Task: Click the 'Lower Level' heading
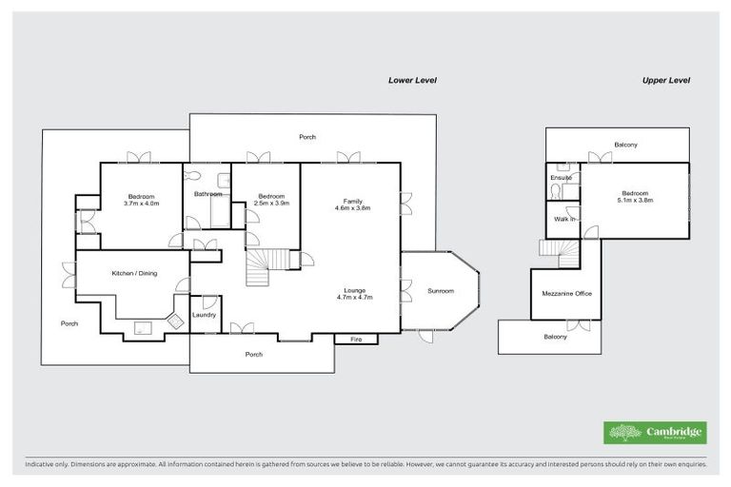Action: pos(412,81)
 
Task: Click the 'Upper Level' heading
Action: pos(665,81)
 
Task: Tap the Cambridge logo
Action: pos(655,432)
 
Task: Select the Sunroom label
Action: pos(440,291)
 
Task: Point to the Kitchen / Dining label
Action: pos(134,274)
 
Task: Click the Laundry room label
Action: pos(204,315)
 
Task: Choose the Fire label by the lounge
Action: pos(356,339)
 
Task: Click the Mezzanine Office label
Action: pos(566,294)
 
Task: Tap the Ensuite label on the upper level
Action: pos(561,177)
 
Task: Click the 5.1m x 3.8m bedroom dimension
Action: pos(635,200)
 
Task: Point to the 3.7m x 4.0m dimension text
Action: pos(141,203)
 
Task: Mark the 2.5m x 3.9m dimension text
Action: pos(271,203)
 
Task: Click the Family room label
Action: pos(352,201)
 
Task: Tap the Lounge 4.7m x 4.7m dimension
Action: pos(352,298)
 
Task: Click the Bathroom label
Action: pos(207,194)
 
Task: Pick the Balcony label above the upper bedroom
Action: pos(625,145)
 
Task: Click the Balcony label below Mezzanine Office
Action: pos(555,337)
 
